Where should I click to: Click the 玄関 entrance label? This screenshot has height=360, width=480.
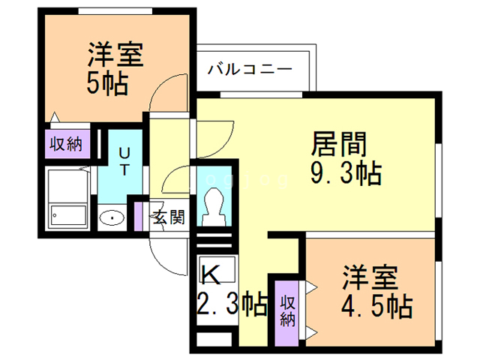pyautogui.click(x=169, y=217)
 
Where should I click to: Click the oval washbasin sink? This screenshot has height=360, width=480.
pyautogui.click(x=111, y=218)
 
